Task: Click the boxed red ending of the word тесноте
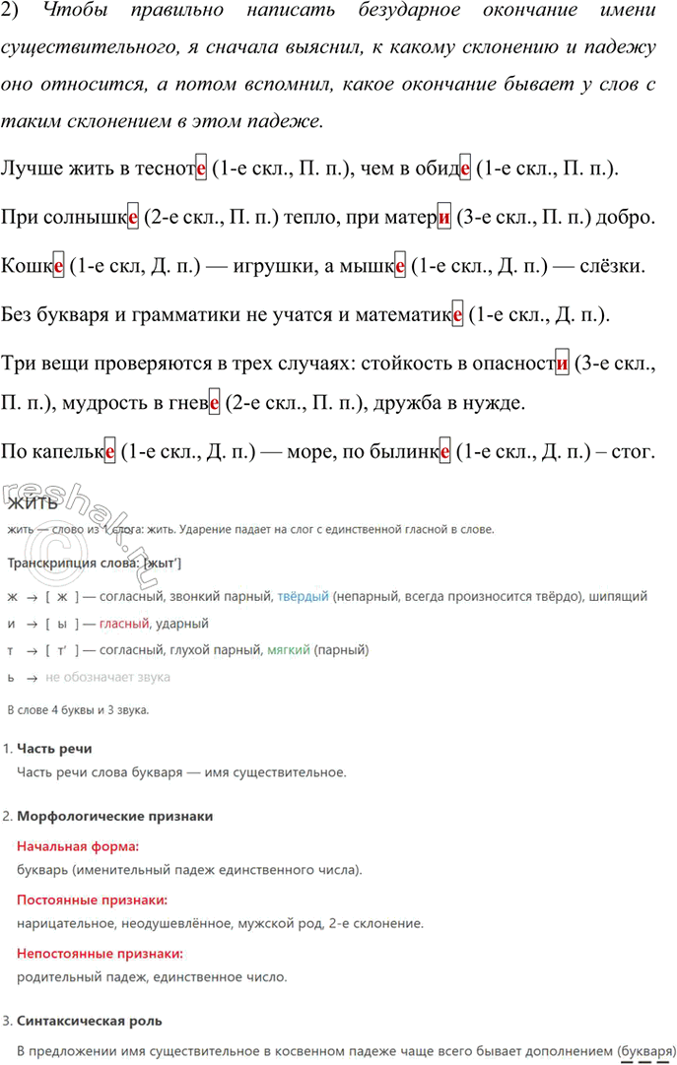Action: pos(201,168)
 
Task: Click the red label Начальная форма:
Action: pos(78,846)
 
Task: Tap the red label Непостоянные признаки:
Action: pos(101,954)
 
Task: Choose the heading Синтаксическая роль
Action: pos(90,1021)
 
